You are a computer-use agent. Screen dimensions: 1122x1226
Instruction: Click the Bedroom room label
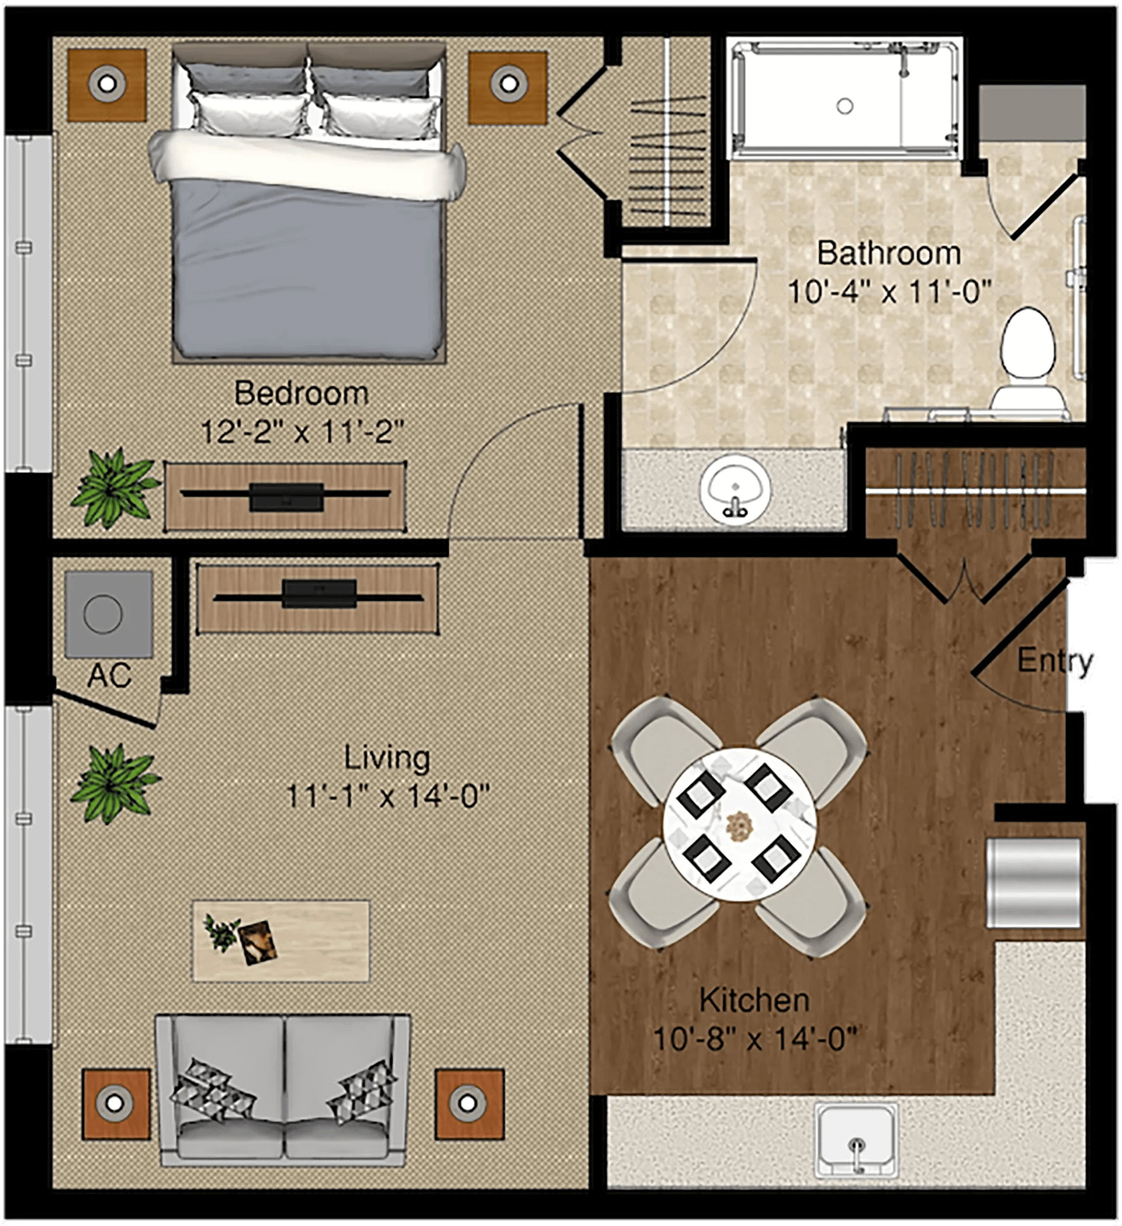coord(302,393)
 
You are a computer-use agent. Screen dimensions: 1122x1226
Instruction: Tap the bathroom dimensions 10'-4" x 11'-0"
coord(889,292)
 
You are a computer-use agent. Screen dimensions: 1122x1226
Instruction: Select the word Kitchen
coord(754,1000)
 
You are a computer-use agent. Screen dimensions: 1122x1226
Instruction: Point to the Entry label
coord(1055,662)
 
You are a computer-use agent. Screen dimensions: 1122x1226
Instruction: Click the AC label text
coord(109,676)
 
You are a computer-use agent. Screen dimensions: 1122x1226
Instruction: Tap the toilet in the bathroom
coord(1028,359)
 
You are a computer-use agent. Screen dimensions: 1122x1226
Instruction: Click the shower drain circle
coord(844,106)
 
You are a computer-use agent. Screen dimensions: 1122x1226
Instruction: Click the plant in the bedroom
coord(115,488)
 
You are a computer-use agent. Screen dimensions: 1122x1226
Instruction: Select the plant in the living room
coord(115,784)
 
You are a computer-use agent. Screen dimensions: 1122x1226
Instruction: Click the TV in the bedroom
coord(286,496)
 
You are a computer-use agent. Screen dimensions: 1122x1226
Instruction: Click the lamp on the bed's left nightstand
coord(107,84)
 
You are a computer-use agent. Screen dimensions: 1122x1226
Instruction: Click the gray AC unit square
coord(108,614)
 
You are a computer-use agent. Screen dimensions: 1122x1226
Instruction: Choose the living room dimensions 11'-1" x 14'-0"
coord(387,795)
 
